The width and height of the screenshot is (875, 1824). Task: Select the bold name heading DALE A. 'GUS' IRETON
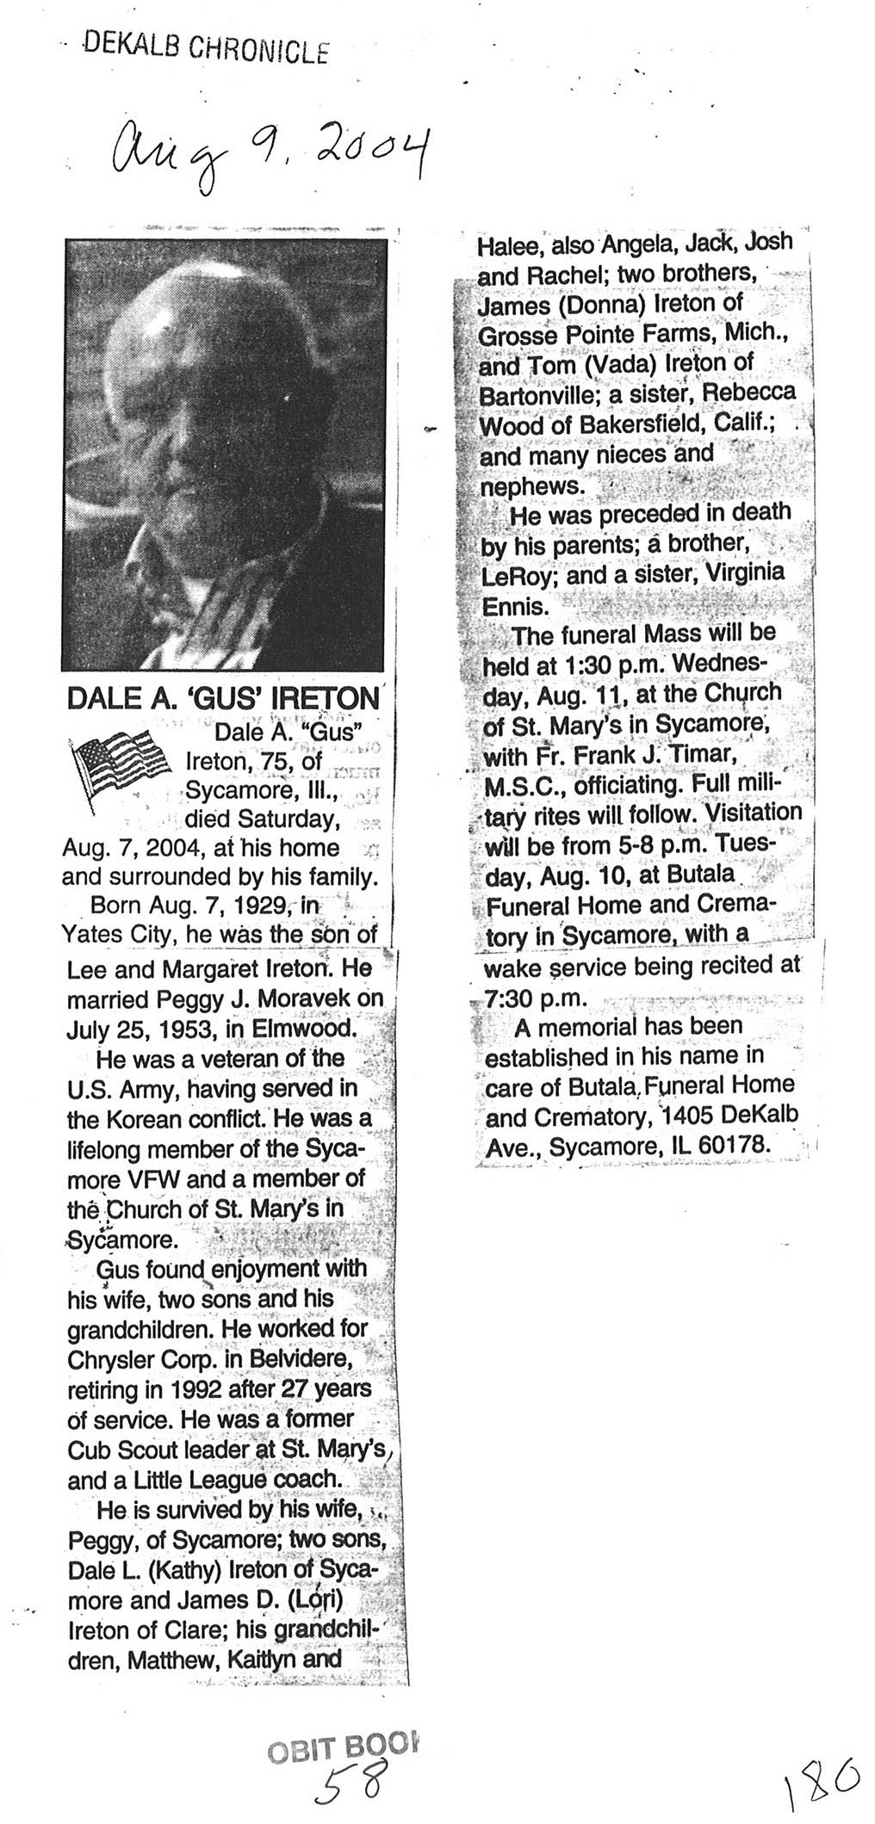coord(223,698)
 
